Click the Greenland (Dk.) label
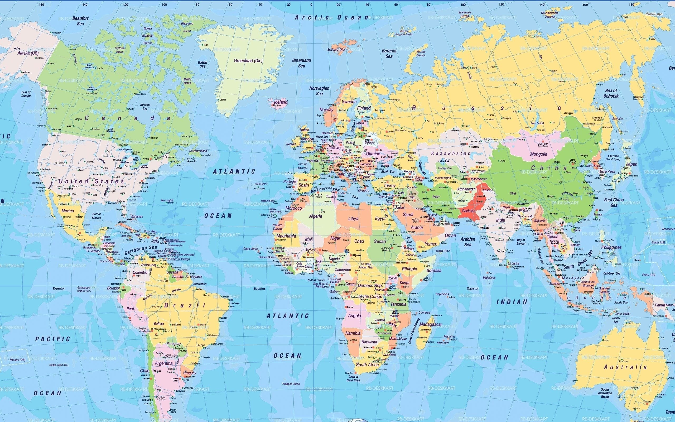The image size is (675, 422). click(x=248, y=61)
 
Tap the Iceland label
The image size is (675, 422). click(x=280, y=102)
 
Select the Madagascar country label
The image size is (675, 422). click(x=431, y=324)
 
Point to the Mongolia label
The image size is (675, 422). click(x=538, y=154)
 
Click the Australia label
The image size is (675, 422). click(x=625, y=367)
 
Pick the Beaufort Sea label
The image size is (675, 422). click(x=80, y=21)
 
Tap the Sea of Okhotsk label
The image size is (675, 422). click(x=611, y=93)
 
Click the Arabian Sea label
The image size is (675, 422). click(x=467, y=242)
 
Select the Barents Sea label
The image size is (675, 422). click(x=389, y=53)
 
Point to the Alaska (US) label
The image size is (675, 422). click(x=28, y=53)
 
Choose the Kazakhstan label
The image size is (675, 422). click(x=451, y=153)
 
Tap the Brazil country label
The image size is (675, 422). click(x=185, y=305)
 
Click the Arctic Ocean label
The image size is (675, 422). click(x=332, y=17)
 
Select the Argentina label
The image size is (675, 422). click(x=164, y=363)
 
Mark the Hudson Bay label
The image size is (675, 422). click(x=145, y=106)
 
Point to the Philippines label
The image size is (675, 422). click(x=611, y=247)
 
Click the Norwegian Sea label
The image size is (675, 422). click(x=319, y=91)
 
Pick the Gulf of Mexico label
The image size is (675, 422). click(x=97, y=216)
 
